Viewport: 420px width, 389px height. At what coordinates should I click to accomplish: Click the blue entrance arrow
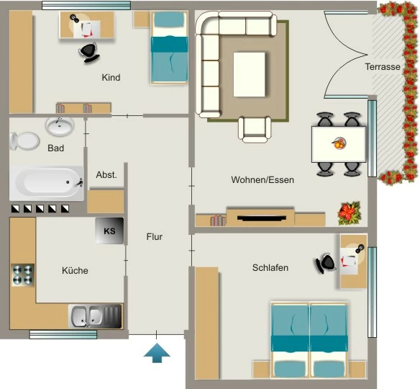click(157, 352)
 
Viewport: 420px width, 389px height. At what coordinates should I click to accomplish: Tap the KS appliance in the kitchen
click(109, 231)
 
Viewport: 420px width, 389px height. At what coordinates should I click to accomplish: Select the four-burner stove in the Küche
click(23, 275)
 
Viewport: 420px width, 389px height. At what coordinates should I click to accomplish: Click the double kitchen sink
click(96, 316)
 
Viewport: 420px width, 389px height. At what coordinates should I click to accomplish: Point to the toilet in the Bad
click(24, 141)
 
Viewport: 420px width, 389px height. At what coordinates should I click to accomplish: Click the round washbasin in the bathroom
click(60, 125)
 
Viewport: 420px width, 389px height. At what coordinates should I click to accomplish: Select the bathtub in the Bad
click(46, 183)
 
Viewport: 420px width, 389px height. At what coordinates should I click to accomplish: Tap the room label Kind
click(111, 78)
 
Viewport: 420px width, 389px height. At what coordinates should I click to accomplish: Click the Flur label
click(155, 236)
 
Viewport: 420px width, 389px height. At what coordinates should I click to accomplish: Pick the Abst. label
click(106, 175)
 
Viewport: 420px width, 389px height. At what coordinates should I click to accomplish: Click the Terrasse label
click(383, 66)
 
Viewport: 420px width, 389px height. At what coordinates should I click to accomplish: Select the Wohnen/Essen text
click(262, 179)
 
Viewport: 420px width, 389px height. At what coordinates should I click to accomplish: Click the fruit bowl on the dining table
click(339, 143)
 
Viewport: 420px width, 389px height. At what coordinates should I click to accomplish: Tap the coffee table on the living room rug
click(249, 74)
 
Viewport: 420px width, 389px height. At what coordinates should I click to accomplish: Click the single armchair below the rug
click(255, 130)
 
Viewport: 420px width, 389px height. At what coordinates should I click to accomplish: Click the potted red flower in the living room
click(349, 213)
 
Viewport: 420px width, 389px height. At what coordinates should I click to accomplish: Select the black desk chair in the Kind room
click(89, 53)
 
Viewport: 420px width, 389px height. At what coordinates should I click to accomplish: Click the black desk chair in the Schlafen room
click(324, 263)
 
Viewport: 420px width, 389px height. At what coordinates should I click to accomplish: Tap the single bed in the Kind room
click(169, 48)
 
